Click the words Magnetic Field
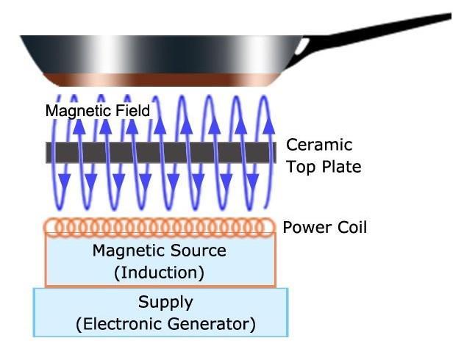97,111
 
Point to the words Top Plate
324,167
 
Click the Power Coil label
324,228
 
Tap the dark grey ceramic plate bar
158,153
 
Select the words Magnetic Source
160,251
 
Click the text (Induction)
160,273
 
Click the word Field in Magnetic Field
133,111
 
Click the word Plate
341,167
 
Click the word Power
305,228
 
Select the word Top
300,168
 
